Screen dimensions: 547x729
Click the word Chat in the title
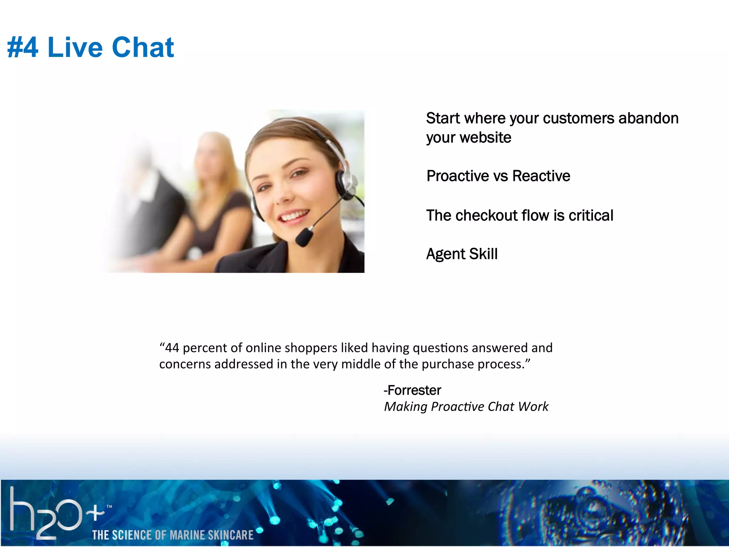(143, 47)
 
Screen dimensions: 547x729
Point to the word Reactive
(541, 176)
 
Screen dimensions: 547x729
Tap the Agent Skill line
(462, 254)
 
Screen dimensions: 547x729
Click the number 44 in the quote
(172, 348)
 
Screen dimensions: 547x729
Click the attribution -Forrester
(412, 390)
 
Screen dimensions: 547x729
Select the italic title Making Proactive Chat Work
(466, 407)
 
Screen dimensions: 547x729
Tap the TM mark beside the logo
(109, 506)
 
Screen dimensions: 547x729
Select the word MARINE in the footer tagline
(187, 535)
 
